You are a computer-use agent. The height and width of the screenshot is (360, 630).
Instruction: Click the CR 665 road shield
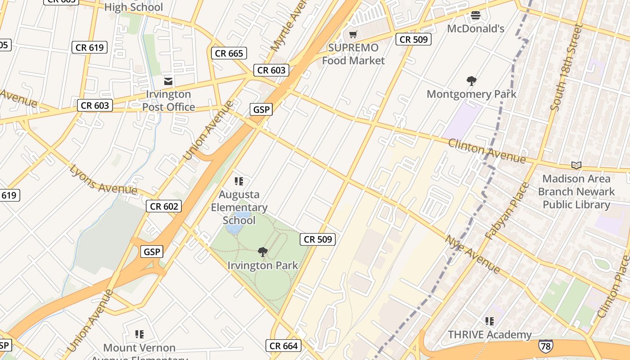(229, 53)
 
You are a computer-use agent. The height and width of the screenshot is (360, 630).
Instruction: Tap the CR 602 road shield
(164, 206)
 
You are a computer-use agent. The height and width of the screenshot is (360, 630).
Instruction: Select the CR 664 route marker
(283, 346)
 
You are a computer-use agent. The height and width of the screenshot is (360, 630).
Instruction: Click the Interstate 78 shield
(545, 346)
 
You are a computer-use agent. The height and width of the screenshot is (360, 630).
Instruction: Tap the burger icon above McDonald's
(476, 15)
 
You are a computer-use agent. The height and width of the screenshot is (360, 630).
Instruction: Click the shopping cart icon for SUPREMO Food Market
(353, 35)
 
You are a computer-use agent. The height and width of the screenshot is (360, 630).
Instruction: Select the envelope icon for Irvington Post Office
(168, 81)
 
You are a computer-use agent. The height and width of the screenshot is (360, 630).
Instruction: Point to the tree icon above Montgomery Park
(471, 81)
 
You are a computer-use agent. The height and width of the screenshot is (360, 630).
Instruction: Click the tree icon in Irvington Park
(263, 252)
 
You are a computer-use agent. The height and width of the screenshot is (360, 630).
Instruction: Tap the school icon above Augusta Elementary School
(239, 181)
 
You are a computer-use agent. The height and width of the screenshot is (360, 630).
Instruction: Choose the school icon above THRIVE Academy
(490, 321)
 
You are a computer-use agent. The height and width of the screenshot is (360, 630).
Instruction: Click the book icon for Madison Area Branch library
(576, 165)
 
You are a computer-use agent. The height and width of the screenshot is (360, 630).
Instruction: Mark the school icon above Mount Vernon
(139, 334)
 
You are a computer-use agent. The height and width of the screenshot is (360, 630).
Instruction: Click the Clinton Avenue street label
(486, 151)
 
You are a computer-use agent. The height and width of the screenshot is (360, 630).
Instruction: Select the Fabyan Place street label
(507, 211)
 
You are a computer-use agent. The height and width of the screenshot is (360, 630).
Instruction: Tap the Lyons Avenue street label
(103, 180)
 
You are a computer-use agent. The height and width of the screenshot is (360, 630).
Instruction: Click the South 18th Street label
(566, 67)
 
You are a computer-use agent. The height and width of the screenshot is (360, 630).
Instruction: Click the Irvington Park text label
(263, 265)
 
